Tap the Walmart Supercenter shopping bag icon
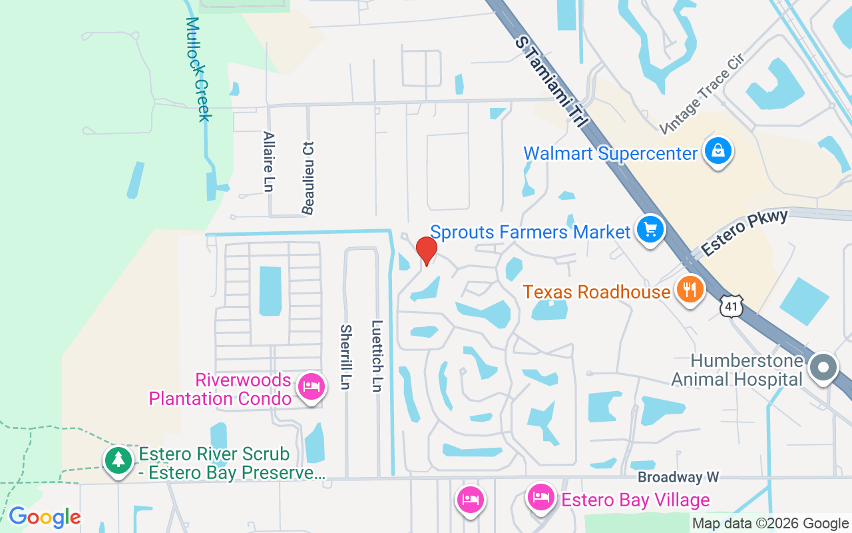point(719,151)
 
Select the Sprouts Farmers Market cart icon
point(650,230)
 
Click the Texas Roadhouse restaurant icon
point(690,290)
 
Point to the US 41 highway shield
point(731,305)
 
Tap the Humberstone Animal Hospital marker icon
point(823,368)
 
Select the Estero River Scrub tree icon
point(118,460)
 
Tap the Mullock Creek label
point(198,69)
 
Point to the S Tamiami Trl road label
point(552,83)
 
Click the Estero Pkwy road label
point(745,233)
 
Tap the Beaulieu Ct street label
point(308,178)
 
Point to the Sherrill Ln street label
point(346,357)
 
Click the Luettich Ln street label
point(377,357)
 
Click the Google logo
point(45,517)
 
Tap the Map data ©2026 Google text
point(770,524)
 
